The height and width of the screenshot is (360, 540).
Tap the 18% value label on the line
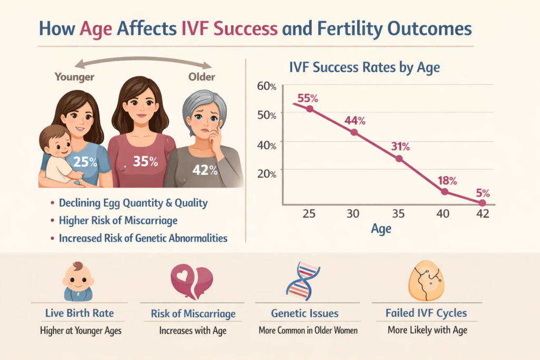tap(446, 181)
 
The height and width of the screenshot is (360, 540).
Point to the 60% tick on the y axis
tap(266, 86)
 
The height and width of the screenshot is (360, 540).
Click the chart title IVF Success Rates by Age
tap(365, 67)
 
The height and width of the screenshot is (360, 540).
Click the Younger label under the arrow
tap(74, 77)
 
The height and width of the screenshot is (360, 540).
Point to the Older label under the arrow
tap(202, 77)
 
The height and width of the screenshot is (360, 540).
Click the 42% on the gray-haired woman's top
tap(205, 170)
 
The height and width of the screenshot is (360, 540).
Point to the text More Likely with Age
tap(427, 331)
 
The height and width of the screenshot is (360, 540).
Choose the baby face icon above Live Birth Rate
tap(78, 280)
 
